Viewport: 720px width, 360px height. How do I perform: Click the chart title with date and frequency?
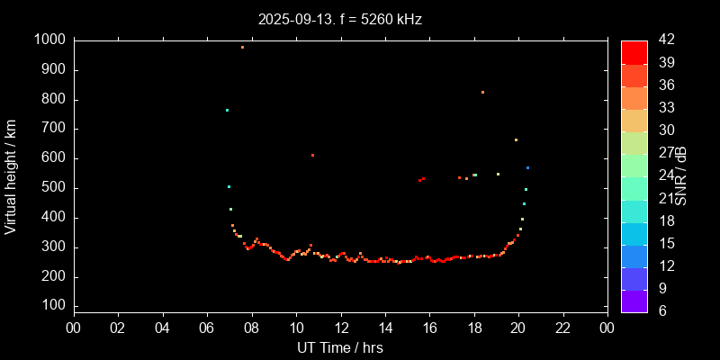tap(339, 18)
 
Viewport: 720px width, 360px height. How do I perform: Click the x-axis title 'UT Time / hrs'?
tap(339, 347)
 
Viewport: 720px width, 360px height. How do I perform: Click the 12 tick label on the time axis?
tap(340, 328)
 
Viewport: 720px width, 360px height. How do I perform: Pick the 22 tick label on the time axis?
tap(562, 328)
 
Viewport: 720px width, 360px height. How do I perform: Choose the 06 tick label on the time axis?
tap(207, 328)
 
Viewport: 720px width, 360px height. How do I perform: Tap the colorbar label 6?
tap(660, 310)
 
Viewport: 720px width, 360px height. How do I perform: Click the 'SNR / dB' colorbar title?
tap(682, 175)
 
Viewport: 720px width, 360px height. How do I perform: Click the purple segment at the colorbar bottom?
tap(634, 301)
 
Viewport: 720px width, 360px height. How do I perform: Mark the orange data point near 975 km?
tap(242, 47)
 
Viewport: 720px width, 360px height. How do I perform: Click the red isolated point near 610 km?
tap(312, 155)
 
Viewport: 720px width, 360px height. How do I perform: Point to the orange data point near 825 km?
tap(482, 92)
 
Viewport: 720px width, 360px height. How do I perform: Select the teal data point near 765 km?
tap(227, 110)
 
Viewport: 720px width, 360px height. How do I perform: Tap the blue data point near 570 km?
tap(527, 167)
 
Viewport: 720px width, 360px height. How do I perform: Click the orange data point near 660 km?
tap(516, 139)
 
